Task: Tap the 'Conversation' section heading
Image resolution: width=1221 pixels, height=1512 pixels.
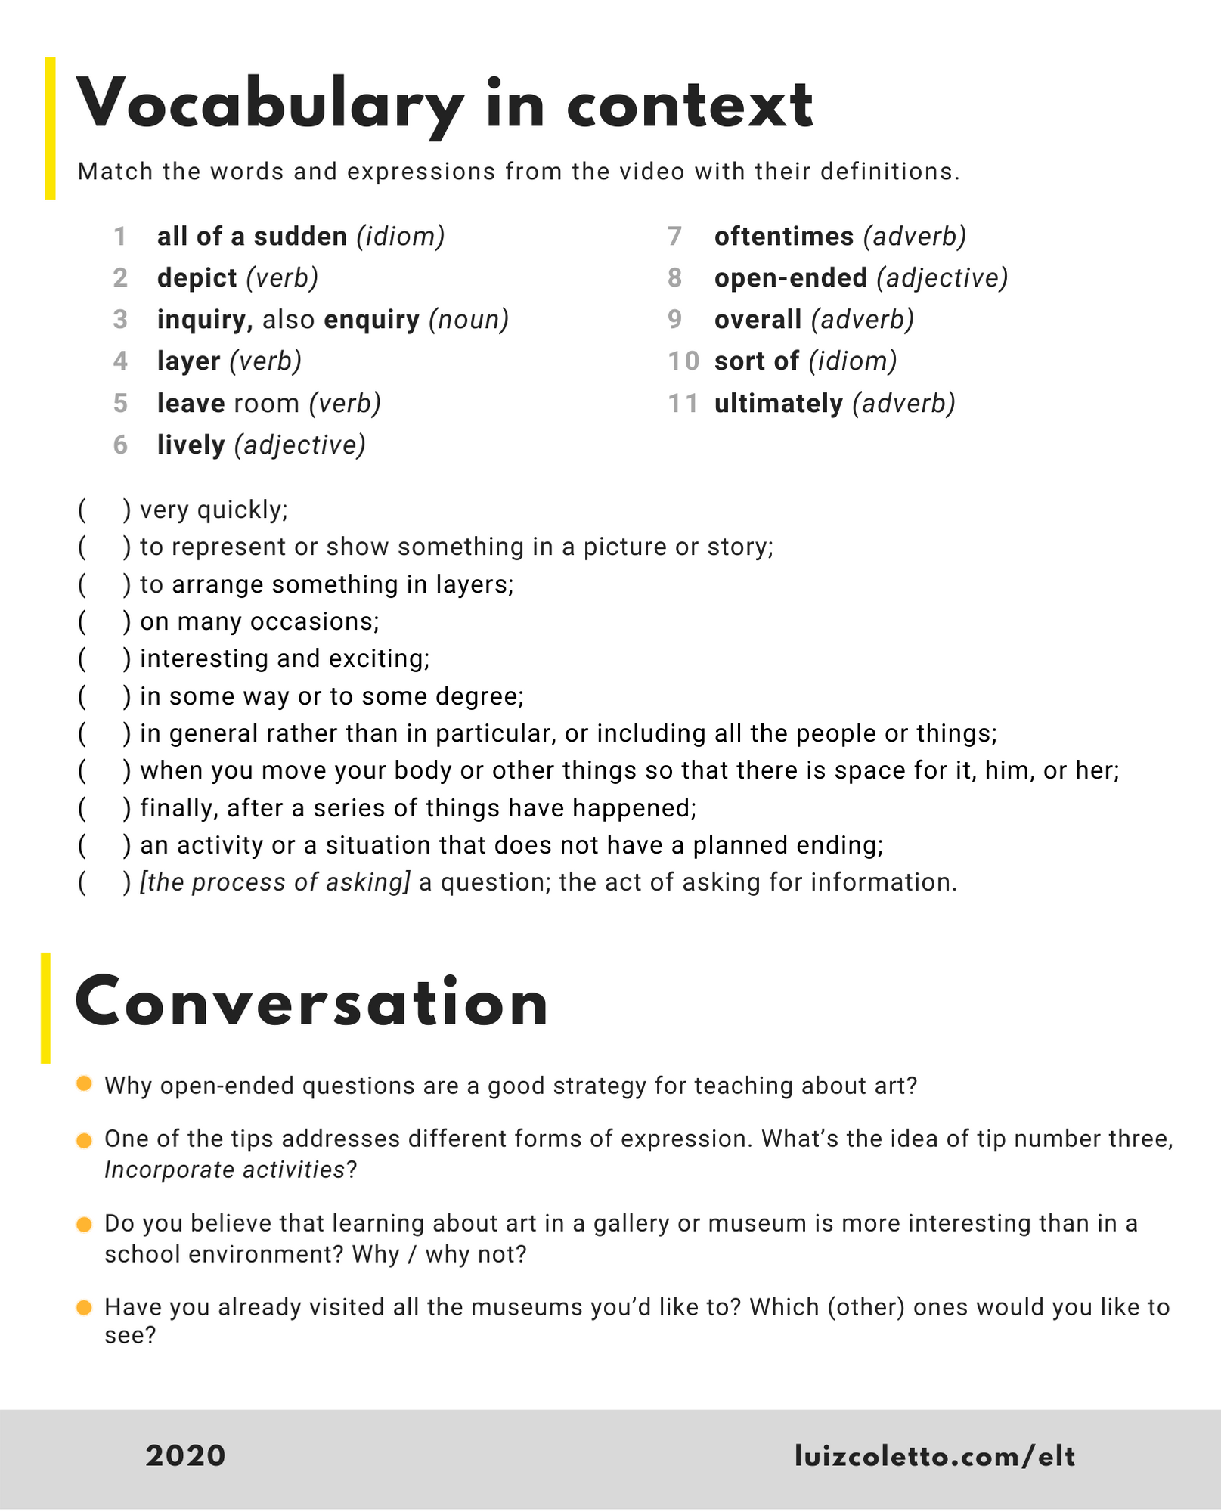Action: [x=311, y=1005]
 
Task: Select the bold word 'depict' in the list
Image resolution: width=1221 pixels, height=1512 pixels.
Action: [x=197, y=278]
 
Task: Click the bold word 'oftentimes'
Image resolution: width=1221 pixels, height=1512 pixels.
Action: [x=783, y=237]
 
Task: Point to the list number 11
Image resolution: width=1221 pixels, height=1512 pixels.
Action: [x=683, y=404]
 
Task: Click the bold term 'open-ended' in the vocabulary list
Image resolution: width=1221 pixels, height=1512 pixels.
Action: [x=790, y=278]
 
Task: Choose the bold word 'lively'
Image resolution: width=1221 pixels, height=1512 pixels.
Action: [x=191, y=445]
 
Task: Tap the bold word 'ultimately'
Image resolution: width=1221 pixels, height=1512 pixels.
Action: [x=778, y=404]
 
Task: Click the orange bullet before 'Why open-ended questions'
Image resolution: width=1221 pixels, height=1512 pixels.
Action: [x=85, y=1084]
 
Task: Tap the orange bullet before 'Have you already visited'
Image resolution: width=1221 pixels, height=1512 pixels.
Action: [x=85, y=1307]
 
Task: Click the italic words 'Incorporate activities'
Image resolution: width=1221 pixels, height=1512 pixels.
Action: [x=225, y=1170]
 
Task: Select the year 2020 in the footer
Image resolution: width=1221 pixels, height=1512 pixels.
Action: [x=185, y=1455]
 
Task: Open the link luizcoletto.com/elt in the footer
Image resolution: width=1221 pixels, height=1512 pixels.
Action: [x=934, y=1455]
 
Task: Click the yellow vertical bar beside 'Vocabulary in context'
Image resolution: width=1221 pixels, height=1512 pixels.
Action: [x=50, y=129]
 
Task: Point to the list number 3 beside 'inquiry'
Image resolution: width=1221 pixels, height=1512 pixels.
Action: [x=120, y=320]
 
